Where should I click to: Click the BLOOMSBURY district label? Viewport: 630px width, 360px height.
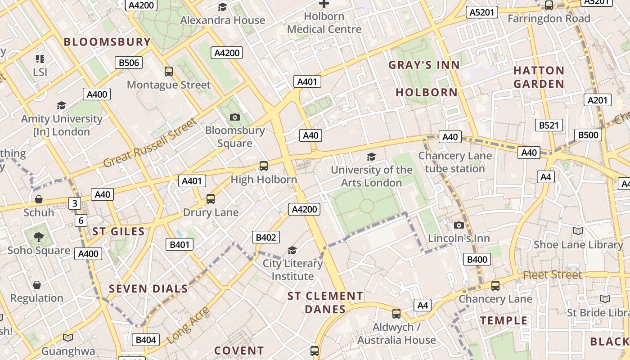(x=107, y=42)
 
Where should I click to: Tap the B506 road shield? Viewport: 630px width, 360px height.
(x=129, y=63)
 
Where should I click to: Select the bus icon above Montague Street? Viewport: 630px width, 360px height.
(x=169, y=71)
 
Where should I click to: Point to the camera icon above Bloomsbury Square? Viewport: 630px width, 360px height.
(x=234, y=117)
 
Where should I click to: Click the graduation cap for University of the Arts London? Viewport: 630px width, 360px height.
(x=371, y=156)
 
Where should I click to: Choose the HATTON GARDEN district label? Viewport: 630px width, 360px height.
(x=539, y=77)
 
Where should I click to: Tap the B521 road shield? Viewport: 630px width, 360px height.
(x=549, y=125)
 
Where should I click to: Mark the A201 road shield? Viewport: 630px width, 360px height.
(x=598, y=100)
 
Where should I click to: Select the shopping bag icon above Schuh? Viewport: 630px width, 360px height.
(x=39, y=199)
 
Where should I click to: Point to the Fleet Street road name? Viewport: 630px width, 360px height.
(x=552, y=274)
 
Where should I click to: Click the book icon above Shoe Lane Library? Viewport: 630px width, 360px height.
(x=578, y=231)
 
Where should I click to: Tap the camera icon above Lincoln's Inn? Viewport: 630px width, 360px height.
(x=459, y=225)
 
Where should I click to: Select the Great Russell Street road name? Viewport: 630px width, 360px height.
(x=150, y=143)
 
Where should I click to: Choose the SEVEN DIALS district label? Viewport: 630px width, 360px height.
(x=148, y=289)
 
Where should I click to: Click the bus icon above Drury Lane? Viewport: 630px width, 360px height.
(x=210, y=198)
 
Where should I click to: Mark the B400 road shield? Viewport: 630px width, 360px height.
(x=477, y=259)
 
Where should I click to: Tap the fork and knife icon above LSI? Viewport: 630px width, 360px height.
(x=40, y=58)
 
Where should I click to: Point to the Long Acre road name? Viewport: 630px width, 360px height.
(x=188, y=325)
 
